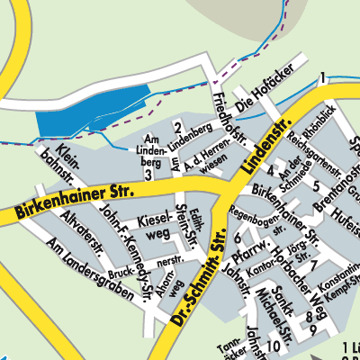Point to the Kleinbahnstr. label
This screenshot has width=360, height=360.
(x=55, y=161)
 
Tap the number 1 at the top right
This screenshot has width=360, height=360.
(x=321, y=80)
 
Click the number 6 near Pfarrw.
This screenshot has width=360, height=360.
(x=237, y=238)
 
